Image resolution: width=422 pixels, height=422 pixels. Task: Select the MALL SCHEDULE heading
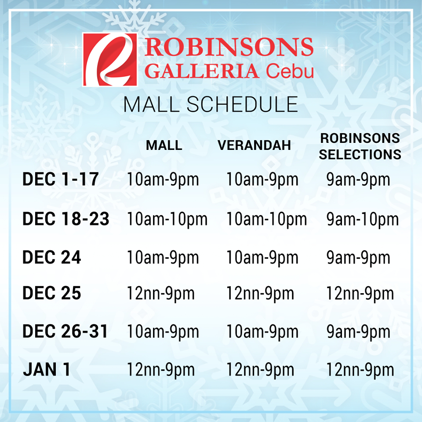tap(211, 105)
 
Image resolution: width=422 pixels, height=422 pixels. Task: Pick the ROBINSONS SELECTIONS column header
tap(360, 146)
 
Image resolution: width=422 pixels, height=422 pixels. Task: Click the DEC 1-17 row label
tap(61, 180)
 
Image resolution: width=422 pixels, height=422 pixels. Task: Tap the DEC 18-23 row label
tap(66, 219)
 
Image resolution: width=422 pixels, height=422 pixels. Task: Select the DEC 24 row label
tap(52, 258)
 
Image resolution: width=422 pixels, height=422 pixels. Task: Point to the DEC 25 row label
tap(52, 293)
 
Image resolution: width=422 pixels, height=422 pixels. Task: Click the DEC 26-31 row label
tap(65, 332)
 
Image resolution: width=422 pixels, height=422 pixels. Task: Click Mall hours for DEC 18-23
tap(167, 219)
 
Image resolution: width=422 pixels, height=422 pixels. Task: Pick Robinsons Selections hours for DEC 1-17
tap(358, 180)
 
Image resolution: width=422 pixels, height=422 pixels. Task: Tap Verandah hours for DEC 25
tap(260, 293)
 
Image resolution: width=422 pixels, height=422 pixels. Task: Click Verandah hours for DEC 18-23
tap(266, 219)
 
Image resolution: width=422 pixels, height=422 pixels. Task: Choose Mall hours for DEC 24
tap(163, 258)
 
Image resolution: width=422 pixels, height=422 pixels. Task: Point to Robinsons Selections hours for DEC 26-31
tap(358, 332)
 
